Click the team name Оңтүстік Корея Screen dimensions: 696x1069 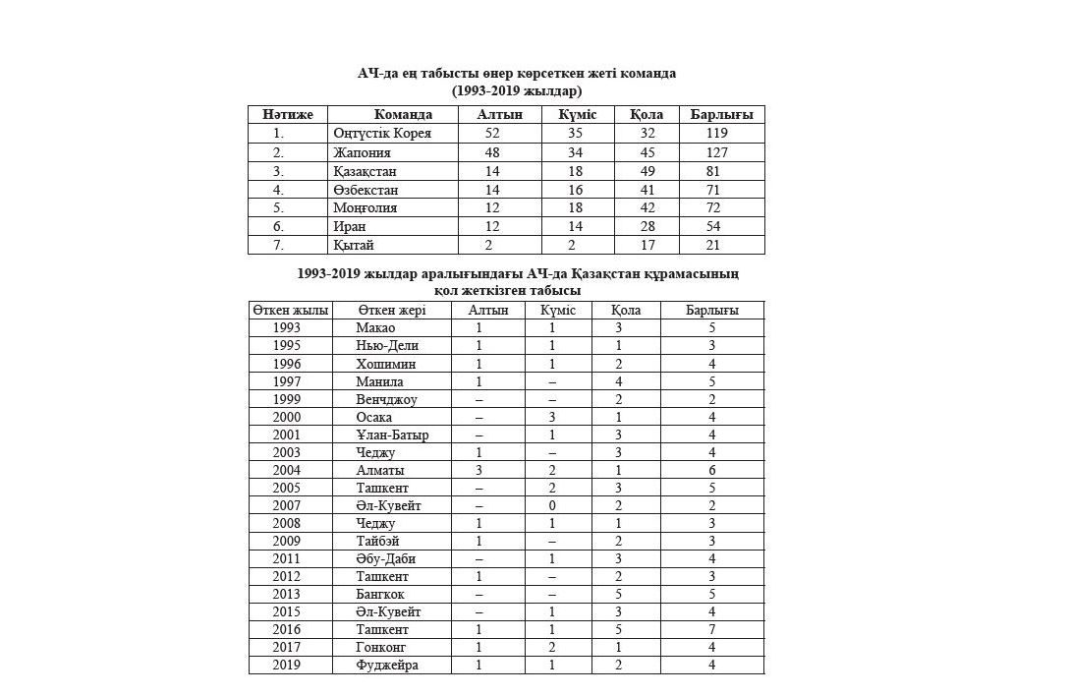click(x=381, y=133)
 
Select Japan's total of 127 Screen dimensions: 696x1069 click(x=721, y=152)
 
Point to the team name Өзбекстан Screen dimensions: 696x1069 click(x=366, y=189)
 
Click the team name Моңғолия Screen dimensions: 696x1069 click(x=365, y=207)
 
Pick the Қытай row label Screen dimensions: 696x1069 click(x=354, y=245)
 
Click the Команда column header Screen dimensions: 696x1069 click(x=403, y=115)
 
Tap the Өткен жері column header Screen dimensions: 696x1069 click(x=391, y=310)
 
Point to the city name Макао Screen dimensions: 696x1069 click(x=375, y=327)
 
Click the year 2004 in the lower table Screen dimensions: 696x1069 click(x=287, y=470)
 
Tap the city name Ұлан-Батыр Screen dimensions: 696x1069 click(x=392, y=435)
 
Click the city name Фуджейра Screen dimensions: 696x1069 click(x=387, y=665)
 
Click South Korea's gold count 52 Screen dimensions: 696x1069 click(x=492, y=133)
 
